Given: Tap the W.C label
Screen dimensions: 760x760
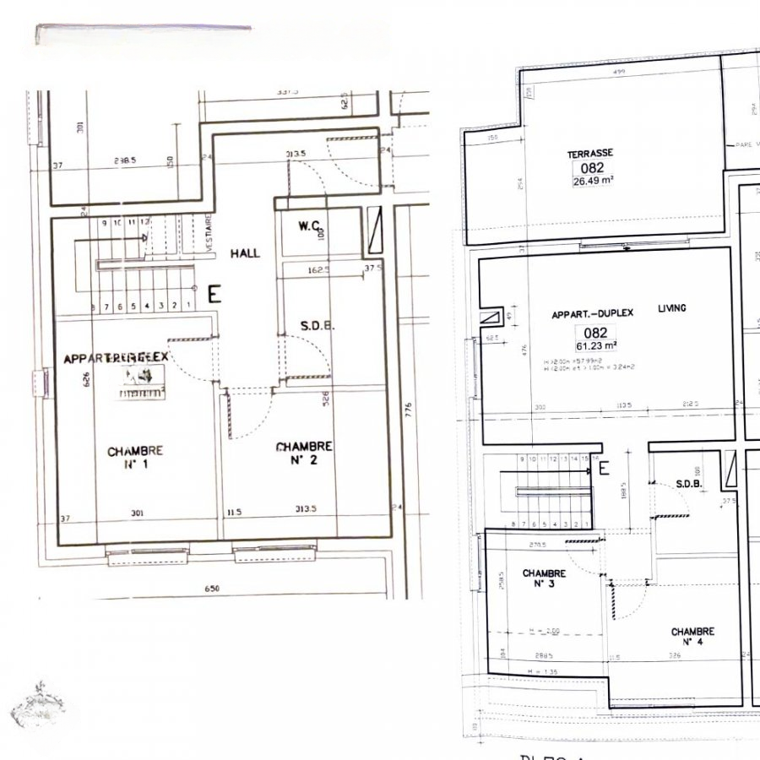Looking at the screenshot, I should (x=307, y=226).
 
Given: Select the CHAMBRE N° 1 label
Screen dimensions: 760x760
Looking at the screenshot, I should (x=135, y=457).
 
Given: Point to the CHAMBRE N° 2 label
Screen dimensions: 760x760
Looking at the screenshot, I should (x=304, y=453).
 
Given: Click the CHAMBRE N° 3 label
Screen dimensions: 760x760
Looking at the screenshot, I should (x=544, y=578).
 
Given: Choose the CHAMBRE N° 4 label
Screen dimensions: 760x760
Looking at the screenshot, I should (x=692, y=637).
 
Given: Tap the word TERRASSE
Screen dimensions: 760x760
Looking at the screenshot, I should (x=590, y=154).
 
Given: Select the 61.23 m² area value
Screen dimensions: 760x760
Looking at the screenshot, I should (x=595, y=346).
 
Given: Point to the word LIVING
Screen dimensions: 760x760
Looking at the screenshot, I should (x=672, y=309).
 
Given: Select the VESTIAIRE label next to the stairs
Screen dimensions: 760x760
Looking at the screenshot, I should (x=208, y=230).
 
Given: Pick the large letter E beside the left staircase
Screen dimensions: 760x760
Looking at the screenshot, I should (x=214, y=294).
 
